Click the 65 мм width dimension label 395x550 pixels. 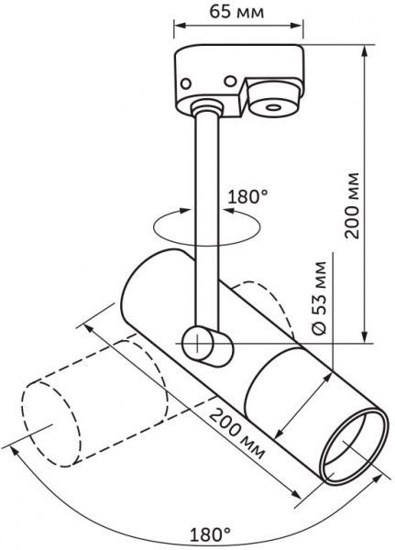pos(236,12)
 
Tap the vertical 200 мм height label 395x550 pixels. pos(352,206)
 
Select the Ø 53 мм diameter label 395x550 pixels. pos(319,298)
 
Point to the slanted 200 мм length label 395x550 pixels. pos(236,434)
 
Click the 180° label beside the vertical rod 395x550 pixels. pos(248,196)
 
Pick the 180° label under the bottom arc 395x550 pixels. pos(210,535)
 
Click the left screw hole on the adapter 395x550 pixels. pos(185,83)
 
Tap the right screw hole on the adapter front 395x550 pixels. pos(230,82)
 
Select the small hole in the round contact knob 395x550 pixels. pos(273,107)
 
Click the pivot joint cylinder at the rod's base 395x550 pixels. pos(207,346)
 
